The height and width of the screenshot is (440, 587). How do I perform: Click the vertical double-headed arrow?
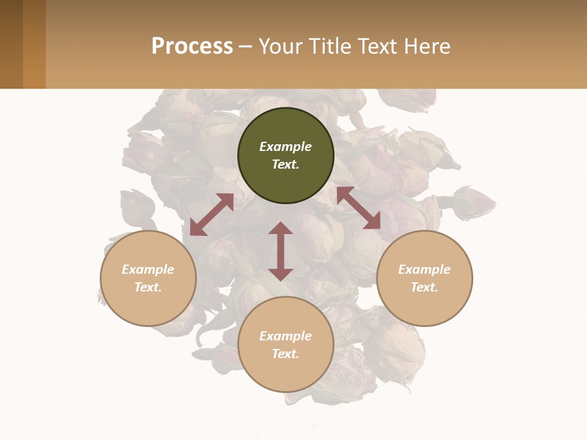tap(281, 251)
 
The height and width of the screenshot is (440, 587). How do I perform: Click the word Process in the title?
tap(192, 46)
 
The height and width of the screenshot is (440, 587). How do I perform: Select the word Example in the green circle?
tap(286, 147)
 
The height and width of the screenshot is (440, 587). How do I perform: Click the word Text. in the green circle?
tap(286, 164)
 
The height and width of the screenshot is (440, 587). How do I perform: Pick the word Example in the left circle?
tap(148, 269)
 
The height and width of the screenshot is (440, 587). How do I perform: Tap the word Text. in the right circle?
tap(424, 287)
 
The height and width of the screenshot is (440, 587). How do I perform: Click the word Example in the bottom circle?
tap(286, 336)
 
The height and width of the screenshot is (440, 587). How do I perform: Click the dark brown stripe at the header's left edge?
tap(11, 44)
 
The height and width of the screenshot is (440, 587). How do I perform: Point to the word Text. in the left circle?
tap(148, 287)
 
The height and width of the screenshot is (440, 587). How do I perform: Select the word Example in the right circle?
tap(424, 269)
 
